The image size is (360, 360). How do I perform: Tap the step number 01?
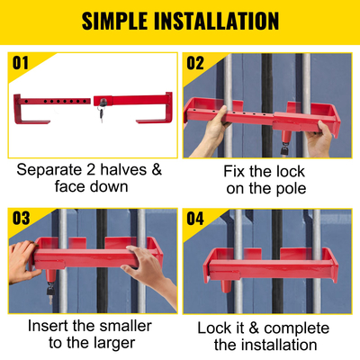coord(21,62)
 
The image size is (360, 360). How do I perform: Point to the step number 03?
coord(21,218)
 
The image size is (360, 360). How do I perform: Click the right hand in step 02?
coord(319,139)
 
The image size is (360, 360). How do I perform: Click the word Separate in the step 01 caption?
coord(52,169)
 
